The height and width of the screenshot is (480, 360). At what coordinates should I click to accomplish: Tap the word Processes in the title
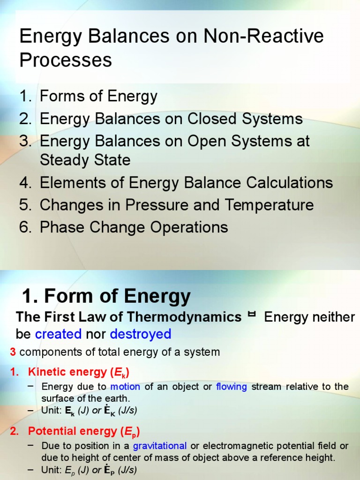pyautogui.click(x=66, y=60)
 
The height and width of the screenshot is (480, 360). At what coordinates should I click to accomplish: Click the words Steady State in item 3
pyautogui.click(x=85, y=160)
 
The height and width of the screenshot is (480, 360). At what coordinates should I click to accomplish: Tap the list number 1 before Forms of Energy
pyautogui.click(x=24, y=97)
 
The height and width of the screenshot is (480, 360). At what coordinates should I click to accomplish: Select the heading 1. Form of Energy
pyautogui.click(x=106, y=296)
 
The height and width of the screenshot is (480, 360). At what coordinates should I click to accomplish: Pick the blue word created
pyautogui.click(x=58, y=334)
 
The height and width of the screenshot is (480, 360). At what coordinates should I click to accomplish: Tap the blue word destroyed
pyautogui.click(x=141, y=334)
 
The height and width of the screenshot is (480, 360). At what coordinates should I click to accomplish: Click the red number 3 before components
pyautogui.click(x=13, y=352)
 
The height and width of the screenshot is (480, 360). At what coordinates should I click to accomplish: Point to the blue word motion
pyautogui.click(x=126, y=387)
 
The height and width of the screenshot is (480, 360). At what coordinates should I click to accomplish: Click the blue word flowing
pyautogui.click(x=232, y=387)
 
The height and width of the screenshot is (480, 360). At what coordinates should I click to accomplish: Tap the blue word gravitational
pyautogui.click(x=160, y=445)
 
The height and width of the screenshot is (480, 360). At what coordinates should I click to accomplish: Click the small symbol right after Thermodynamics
pyautogui.click(x=252, y=315)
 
